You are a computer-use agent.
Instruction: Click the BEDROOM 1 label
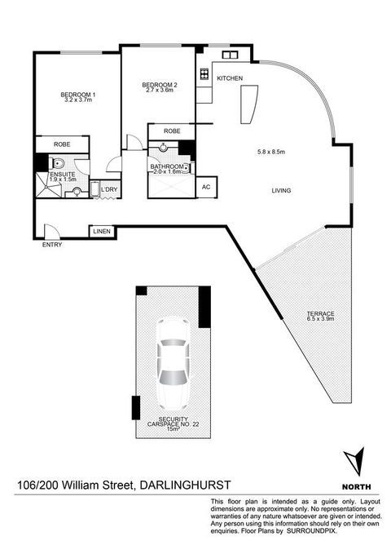78,95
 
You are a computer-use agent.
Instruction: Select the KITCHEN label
230,78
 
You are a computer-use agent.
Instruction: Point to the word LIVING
282,191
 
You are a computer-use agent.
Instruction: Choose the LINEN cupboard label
101,232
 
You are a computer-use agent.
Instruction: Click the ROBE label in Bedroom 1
63,144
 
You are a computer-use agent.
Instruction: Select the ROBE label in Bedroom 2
172,131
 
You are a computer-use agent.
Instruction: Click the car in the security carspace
172,362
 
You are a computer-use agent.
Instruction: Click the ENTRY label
52,244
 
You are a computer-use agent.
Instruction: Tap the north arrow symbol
352,461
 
